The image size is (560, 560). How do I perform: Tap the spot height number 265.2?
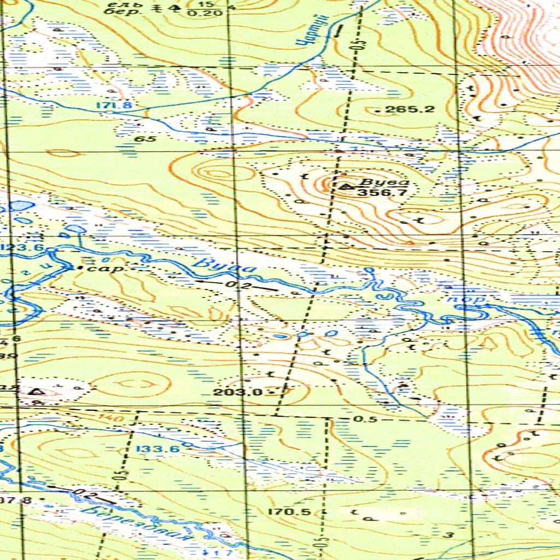tap(410, 109)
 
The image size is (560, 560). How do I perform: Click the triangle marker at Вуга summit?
tap(345, 186)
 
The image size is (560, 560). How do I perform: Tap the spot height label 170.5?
tap(290, 512)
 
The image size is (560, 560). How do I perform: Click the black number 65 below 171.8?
tap(146, 139)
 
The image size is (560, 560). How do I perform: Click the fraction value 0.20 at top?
tap(200, 12)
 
